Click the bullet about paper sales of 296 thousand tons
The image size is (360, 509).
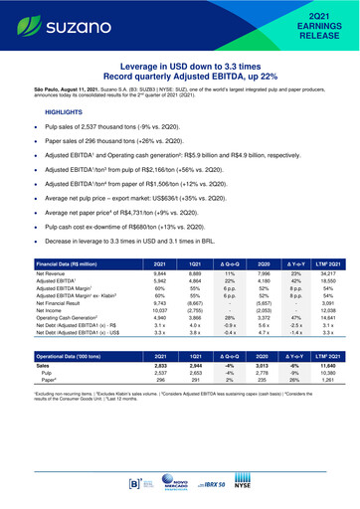click(128, 144)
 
